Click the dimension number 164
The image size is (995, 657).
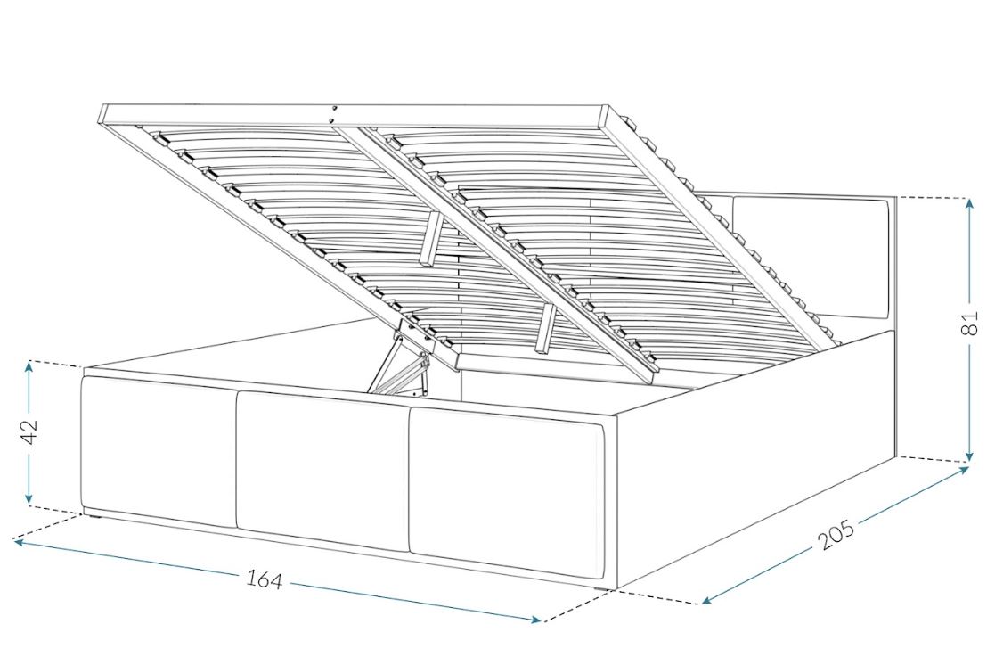pyautogui.click(x=264, y=579)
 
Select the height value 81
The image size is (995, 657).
pyautogui.click(x=971, y=324)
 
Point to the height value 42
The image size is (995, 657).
pyautogui.click(x=29, y=432)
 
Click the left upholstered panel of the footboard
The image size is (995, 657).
pyautogui.click(x=159, y=451)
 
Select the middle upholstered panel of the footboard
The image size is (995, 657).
pyautogui.click(x=322, y=471)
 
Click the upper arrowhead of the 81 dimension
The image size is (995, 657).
pyautogui.click(x=969, y=204)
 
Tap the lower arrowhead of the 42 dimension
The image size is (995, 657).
pyautogui.click(x=29, y=498)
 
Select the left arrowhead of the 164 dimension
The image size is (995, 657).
pyautogui.click(x=20, y=543)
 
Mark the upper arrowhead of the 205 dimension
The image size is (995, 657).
pyautogui.click(x=963, y=470)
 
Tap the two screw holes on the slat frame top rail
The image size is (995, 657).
pyautogui.click(x=332, y=114)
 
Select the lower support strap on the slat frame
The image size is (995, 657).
pyautogui.click(x=544, y=328)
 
